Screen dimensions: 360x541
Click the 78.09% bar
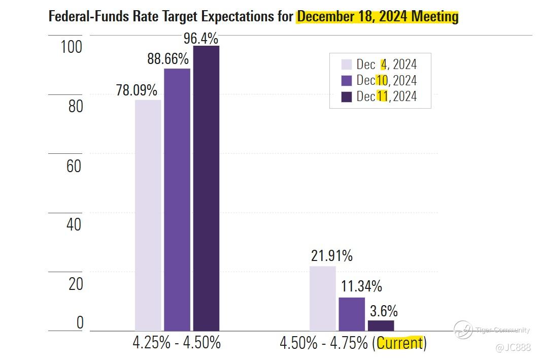[148, 215]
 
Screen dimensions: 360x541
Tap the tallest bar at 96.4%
[206, 188]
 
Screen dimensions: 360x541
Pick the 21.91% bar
[322, 299]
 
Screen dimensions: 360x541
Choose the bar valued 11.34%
[352, 314]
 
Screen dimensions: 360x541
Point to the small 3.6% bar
[381, 325]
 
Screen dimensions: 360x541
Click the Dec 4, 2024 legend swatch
[347, 64]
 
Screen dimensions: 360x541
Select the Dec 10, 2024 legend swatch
[347, 80]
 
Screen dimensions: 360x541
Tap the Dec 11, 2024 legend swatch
[347, 96]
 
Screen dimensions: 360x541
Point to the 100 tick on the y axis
[71, 47]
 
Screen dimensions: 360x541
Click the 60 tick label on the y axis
[74, 166]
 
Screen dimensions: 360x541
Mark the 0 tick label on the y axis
[79, 323]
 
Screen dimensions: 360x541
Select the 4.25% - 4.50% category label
[177, 343]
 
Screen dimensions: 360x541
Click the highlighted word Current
[399, 343]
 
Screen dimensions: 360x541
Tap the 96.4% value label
[201, 38]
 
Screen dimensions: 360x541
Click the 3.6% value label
[383, 311]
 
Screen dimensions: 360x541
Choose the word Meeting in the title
[434, 17]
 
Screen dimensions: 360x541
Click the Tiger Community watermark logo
[463, 330]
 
